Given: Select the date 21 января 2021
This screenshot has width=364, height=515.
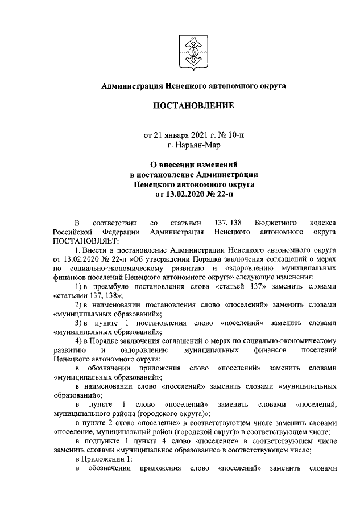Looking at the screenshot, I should pyautogui.click(x=181, y=135).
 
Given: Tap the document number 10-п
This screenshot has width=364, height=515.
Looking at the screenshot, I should pyautogui.click(x=233, y=135).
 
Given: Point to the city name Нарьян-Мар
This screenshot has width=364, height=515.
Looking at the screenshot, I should pyautogui.click(x=197, y=145).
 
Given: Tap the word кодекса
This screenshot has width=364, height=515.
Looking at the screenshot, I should pyautogui.click(x=322, y=224).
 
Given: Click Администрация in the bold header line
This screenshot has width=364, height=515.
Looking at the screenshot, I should pyautogui.click(x=131, y=85).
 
